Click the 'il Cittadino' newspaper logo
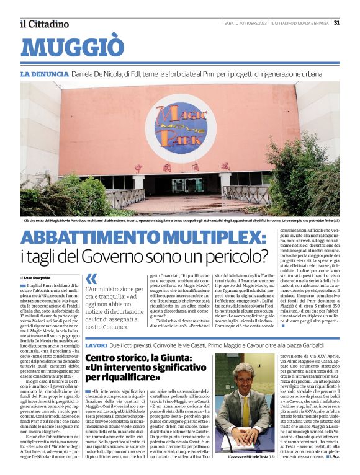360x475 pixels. coord(44,24)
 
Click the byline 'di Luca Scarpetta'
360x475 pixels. coord(37,277)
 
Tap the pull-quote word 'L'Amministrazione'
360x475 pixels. coord(112,290)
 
